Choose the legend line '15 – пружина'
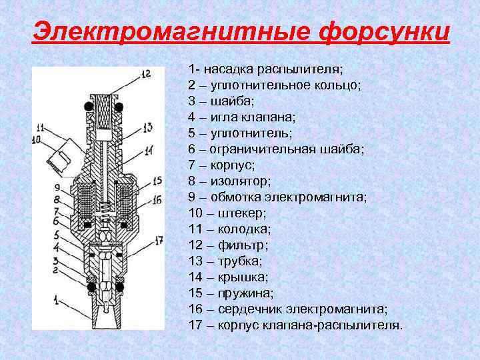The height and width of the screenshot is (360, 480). [231, 293]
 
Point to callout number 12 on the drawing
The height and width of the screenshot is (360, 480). [145, 73]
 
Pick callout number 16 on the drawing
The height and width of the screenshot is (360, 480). [157, 199]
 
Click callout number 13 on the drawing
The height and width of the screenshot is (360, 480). [147, 126]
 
